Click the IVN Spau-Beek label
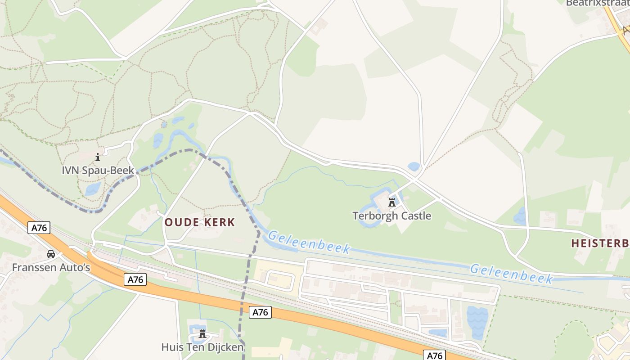click(x=98, y=171)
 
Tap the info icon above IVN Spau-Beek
click(x=98, y=157)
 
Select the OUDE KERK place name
click(x=199, y=222)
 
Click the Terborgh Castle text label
click(x=391, y=216)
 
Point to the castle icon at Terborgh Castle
click(x=392, y=202)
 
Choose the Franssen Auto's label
click(x=51, y=267)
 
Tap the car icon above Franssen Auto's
click(x=51, y=254)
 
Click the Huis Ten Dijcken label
click(x=202, y=347)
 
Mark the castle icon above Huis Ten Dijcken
click(x=202, y=333)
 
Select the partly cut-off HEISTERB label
click(x=600, y=243)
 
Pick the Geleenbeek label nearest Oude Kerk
click(x=309, y=242)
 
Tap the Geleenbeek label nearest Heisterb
click(x=511, y=274)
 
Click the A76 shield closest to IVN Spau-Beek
click(x=39, y=228)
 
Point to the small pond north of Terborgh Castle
click(x=414, y=166)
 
